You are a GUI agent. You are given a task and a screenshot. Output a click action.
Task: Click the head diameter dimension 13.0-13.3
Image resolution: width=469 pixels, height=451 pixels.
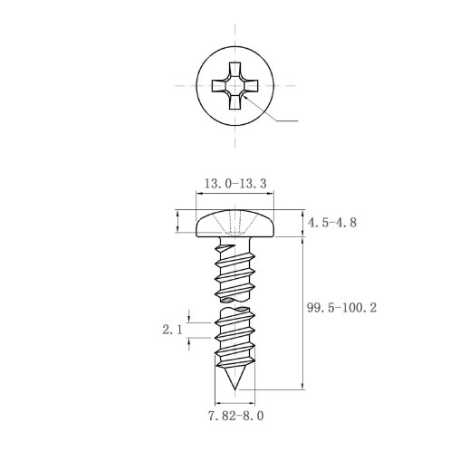[x=235, y=183]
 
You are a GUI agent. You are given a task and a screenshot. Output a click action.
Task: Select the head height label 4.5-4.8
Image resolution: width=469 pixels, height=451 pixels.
[x=332, y=223]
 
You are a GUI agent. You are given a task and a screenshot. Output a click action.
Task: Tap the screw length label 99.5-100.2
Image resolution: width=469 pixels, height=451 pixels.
[x=341, y=308]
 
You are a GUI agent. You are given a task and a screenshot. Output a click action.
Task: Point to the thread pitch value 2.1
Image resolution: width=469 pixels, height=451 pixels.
[x=173, y=330]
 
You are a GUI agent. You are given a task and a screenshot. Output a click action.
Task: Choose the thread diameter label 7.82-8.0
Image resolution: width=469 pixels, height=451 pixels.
[x=236, y=416]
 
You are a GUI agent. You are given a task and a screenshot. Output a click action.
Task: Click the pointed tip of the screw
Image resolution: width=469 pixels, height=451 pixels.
[x=234, y=389]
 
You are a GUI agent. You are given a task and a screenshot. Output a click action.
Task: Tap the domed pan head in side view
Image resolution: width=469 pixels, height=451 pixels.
[x=235, y=224]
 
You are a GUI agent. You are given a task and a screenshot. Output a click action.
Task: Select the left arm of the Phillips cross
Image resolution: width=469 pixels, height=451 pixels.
[x=218, y=86]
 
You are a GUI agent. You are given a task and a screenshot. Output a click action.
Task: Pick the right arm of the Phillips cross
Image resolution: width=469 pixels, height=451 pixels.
[x=251, y=86]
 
